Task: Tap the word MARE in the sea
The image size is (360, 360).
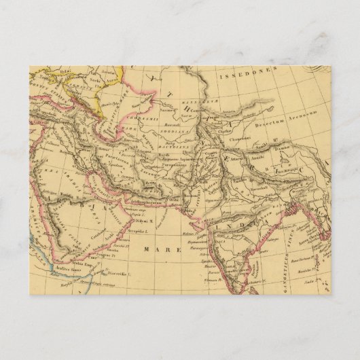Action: coord(162,249)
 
